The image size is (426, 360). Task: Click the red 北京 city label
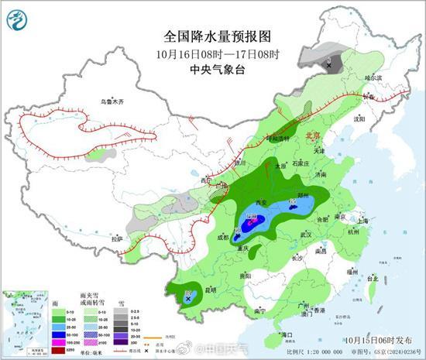pyautogui.click(x=314, y=134)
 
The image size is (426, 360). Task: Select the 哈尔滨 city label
pyautogui.click(x=373, y=78)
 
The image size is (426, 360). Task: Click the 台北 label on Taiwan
pyautogui.click(x=371, y=278)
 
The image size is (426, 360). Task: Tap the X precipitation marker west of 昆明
pyautogui.click(x=188, y=295)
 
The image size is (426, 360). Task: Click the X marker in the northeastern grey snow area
pyautogui.click(x=329, y=67)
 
